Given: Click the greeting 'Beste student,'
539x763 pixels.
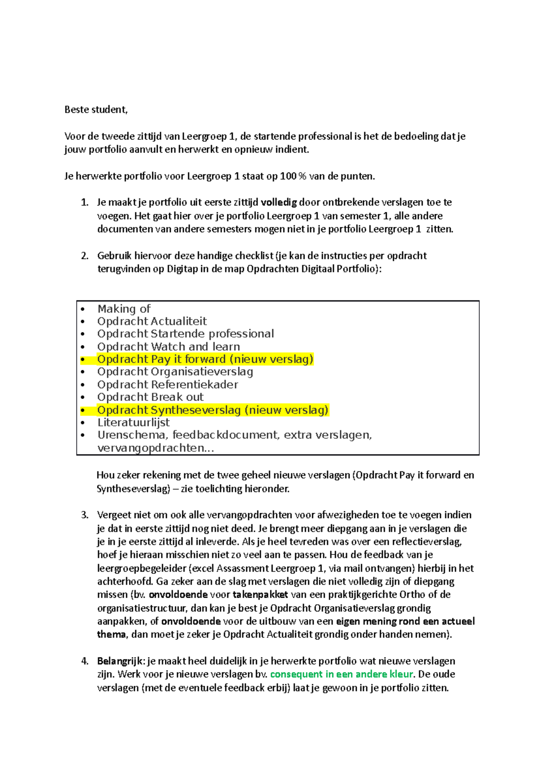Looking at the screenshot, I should (96, 110).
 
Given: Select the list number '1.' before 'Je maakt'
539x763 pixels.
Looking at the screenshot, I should (85, 202).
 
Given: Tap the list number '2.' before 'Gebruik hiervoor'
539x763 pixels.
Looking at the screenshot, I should (85, 256).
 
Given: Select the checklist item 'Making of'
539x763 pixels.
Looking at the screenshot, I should (124, 309).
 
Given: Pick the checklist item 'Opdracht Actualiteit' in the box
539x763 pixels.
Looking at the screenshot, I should (152, 321).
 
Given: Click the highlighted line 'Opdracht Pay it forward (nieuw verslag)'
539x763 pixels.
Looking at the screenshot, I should (205, 359).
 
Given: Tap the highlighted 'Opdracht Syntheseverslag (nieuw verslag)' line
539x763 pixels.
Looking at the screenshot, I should (212, 410).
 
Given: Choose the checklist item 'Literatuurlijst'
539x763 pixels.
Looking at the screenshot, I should (133, 422).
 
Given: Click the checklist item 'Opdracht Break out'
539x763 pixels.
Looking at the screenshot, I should (150, 397).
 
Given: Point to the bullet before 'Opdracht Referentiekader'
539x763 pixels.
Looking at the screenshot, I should (83, 385).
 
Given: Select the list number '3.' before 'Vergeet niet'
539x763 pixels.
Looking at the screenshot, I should (85, 515).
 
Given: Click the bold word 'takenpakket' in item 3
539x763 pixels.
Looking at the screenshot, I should (260, 594).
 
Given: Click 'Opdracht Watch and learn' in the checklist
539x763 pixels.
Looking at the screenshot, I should (168, 347).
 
